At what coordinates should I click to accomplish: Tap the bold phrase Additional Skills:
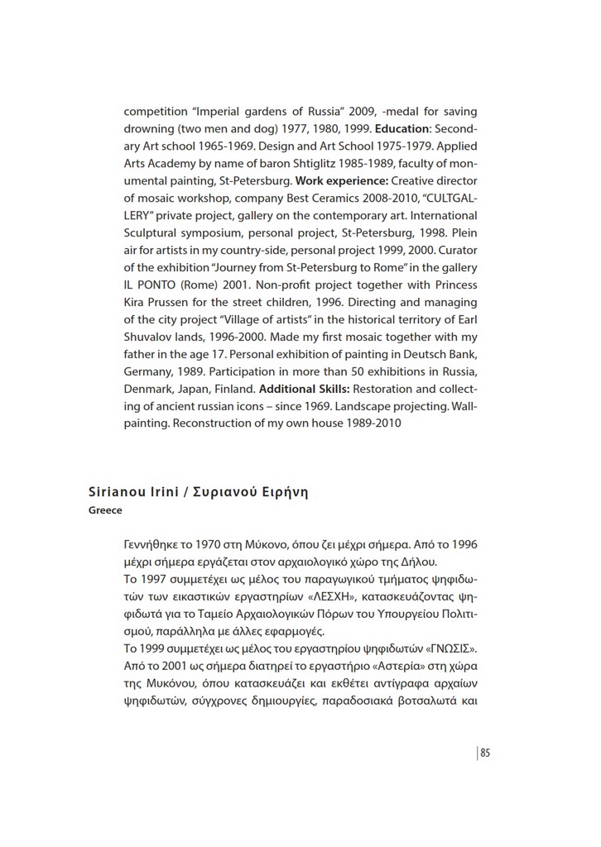pyautogui.click(x=304, y=389)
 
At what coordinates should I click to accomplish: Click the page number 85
pyautogui.click(x=485, y=752)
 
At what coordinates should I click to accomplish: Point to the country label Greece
pyautogui.click(x=105, y=510)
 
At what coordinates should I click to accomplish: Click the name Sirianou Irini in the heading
pyautogui.click(x=132, y=492)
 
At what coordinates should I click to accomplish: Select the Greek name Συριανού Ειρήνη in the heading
pyautogui.click(x=251, y=492)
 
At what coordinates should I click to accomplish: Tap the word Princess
pyautogui.click(x=454, y=285)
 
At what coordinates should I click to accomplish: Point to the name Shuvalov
pyautogui.click(x=148, y=337)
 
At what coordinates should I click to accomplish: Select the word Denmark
pyautogui.click(x=149, y=389)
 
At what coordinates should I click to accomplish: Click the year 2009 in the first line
pyautogui.click(x=353, y=112)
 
